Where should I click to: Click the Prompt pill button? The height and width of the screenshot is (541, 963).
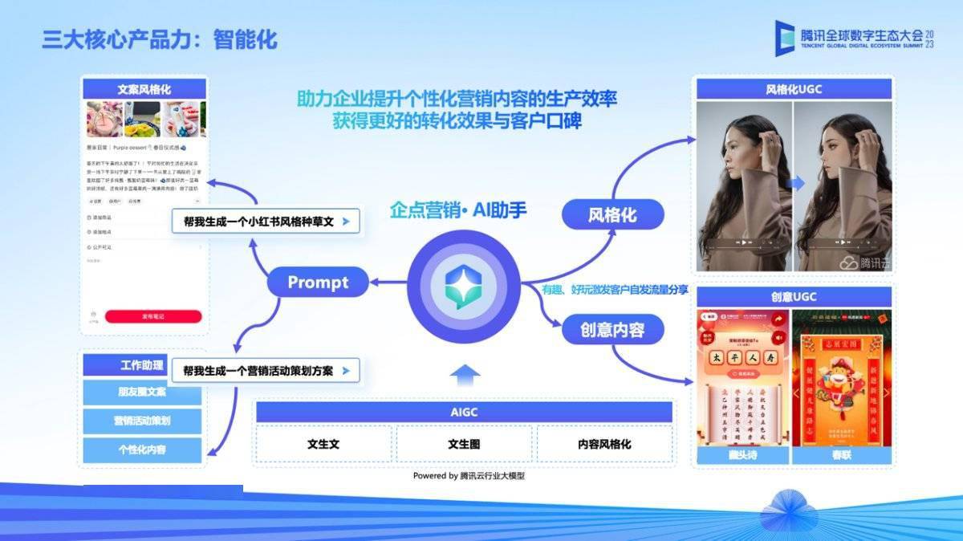point(318,283)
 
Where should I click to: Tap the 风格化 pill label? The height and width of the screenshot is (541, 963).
point(612,214)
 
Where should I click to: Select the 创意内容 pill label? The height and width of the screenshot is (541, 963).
point(612,329)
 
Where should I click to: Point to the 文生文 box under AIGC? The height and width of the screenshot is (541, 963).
point(323,444)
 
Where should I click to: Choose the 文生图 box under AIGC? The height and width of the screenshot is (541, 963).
point(464,444)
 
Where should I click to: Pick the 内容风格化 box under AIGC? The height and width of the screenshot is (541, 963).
point(604,444)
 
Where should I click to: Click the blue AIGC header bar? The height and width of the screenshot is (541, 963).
point(464,413)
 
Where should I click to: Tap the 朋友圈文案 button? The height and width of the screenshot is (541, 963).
point(141,393)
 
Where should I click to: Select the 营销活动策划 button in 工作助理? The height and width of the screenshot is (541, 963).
point(141,421)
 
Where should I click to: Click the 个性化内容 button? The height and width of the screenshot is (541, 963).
point(141,449)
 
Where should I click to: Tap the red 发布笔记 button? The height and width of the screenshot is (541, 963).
point(152,316)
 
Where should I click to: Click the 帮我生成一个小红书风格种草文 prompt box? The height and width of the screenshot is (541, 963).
point(265,221)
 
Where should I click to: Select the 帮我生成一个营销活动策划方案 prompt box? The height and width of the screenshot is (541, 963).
point(265,371)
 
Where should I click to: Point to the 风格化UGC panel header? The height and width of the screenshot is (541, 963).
point(794,89)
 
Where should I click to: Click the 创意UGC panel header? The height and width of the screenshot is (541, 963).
point(794,297)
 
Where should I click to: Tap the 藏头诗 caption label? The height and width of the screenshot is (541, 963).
point(743,455)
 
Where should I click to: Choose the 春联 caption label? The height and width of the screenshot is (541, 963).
point(841,455)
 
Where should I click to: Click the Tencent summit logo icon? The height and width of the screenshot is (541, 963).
point(784,38)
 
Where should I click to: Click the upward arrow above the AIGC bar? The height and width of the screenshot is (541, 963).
point(464,376)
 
